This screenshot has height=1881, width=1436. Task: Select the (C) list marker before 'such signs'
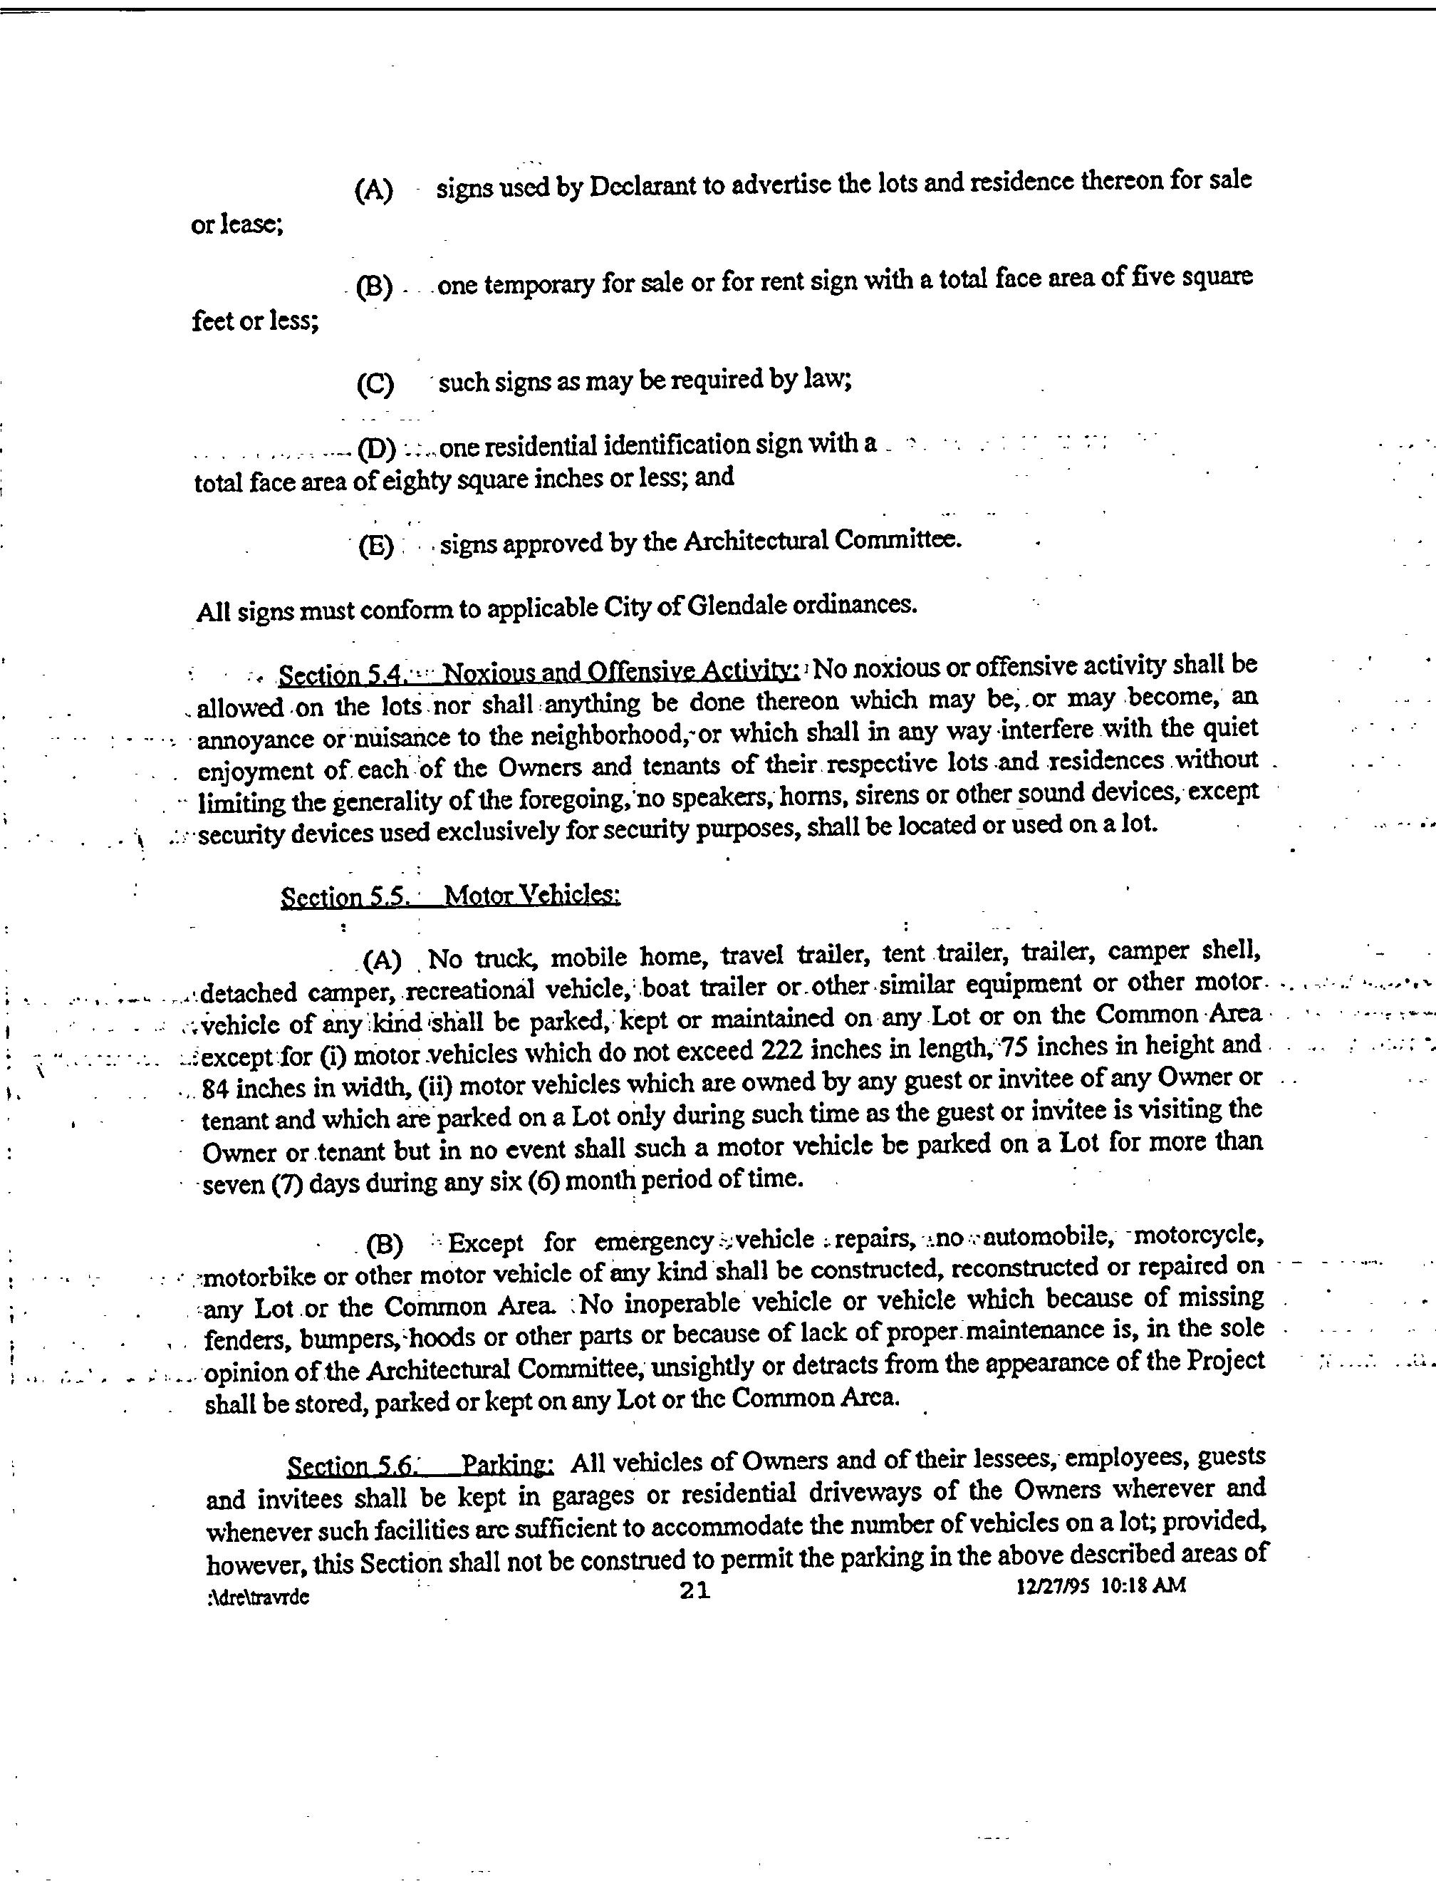[375, 384]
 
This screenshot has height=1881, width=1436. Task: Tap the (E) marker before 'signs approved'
[376, 546]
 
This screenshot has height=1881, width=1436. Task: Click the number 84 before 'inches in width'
[215, 1089]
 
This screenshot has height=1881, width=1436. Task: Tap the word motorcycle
[1196, 1236]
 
